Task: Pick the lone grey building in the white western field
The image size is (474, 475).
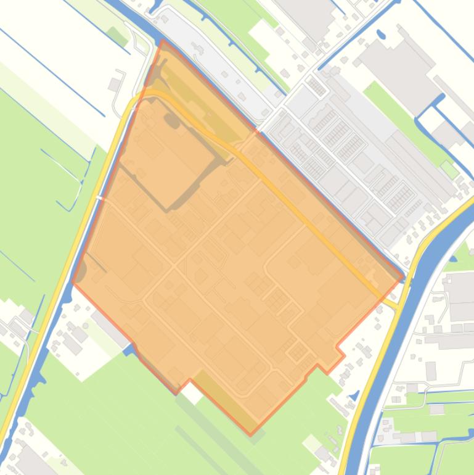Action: [114, 84]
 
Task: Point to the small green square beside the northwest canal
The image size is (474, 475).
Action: [113, 36]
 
